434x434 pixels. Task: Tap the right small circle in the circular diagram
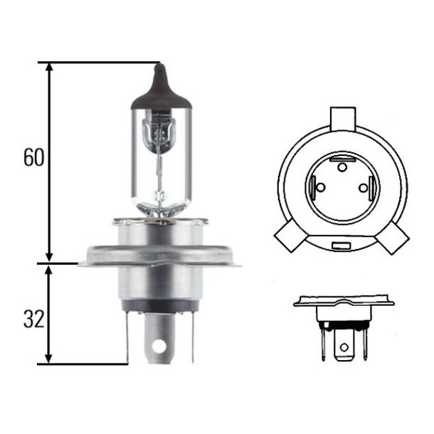(x=364, y=189)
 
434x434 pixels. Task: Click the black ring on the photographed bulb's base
(x=159, y=307)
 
